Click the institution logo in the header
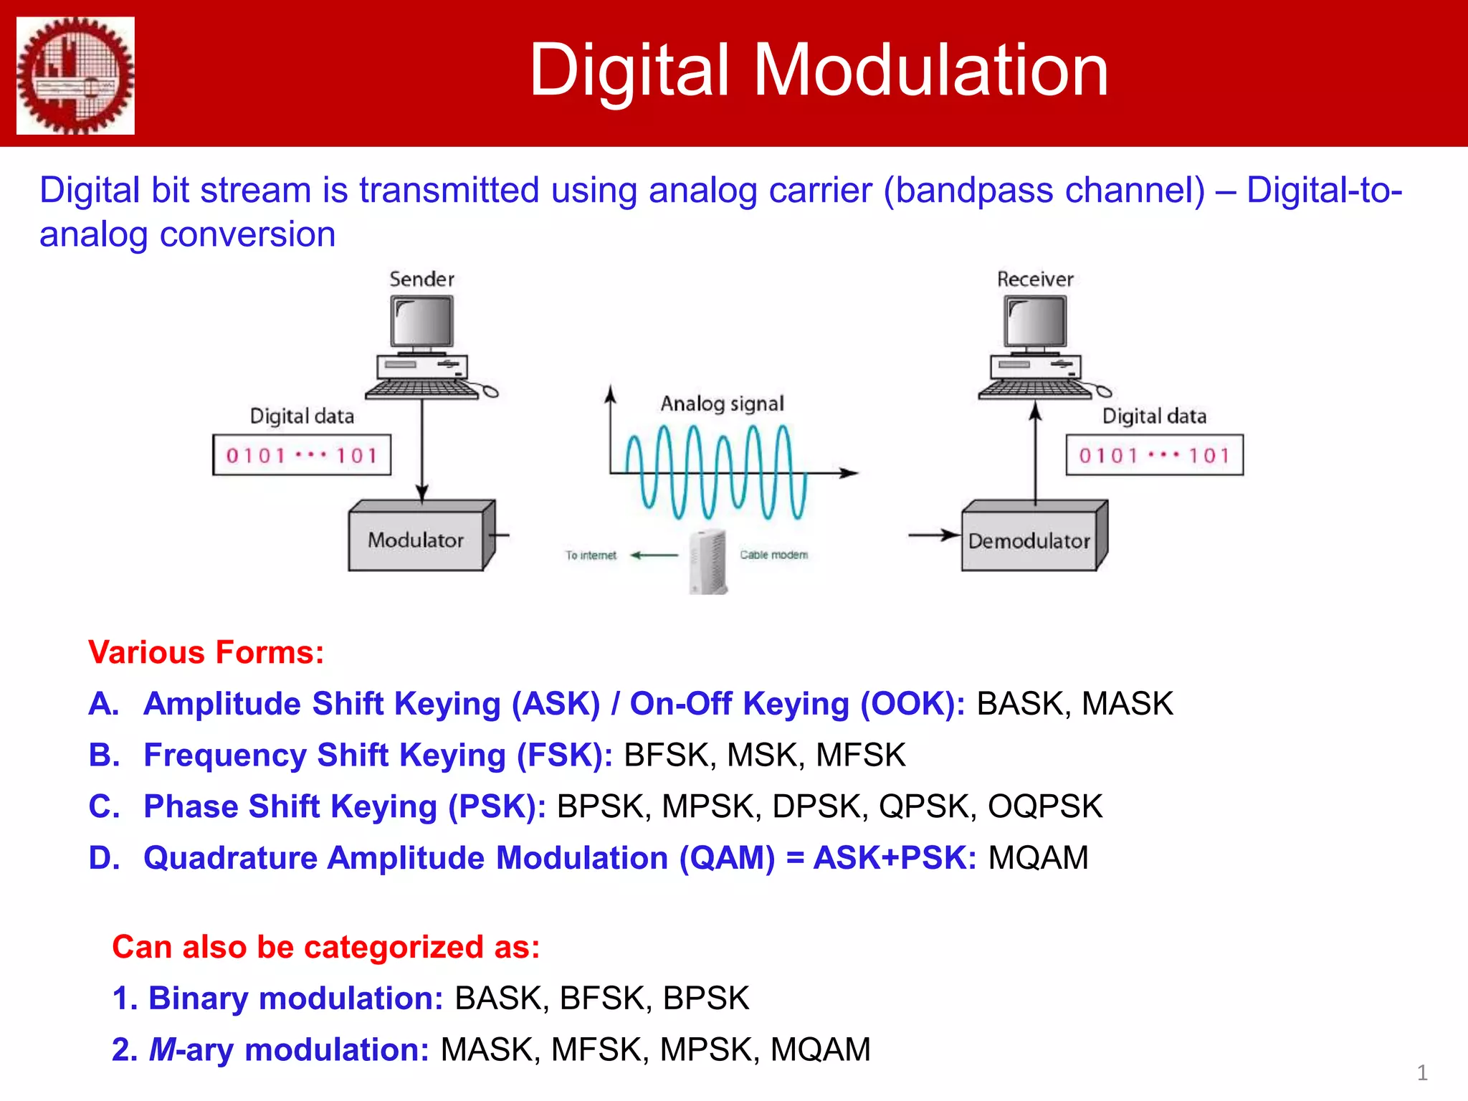tap(75, 75)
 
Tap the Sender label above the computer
tap(421, 279)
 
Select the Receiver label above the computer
tap(1035, 279)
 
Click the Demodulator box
tap(1029, 541)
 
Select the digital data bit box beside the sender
tap(302, 455)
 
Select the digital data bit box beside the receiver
tap(1154, 455)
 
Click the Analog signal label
tap(722, 404)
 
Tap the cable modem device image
tap(708, 562)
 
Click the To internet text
tap(590, 556)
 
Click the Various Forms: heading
tap(206, 652)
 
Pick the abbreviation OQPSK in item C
tap(1044, 806)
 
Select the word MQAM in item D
tap(1038, 858)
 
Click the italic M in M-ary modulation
tap(162, 1050)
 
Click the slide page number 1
tap(1422, 1073)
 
